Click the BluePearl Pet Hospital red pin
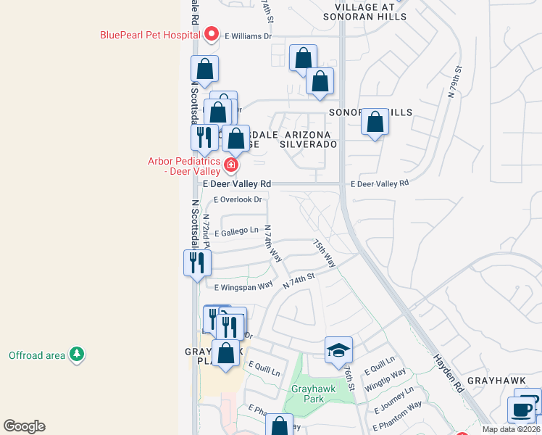[212, 33]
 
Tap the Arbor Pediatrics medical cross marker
[231, 165]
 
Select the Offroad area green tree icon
[77, 355]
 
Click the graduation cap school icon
[338, 350]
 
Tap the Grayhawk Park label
[312, 394]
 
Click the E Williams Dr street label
[248, 35]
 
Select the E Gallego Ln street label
[236, 231]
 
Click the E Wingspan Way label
[243, 287]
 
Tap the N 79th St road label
[455, 85]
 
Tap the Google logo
[24, 426]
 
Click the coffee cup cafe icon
[521, 410]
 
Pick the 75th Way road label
[323, 253]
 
